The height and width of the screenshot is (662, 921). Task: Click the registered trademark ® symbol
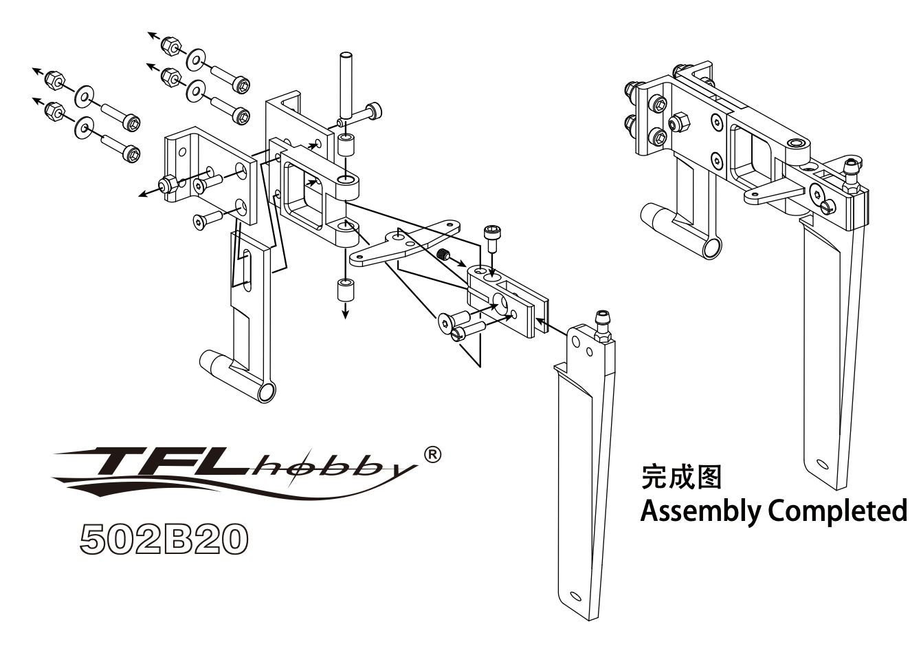coord(433,454)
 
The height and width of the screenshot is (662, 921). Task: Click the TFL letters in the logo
coord(172,463)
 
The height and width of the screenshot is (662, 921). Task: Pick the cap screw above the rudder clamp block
coord(491,239)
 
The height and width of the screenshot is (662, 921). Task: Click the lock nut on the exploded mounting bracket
coord(167,185)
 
